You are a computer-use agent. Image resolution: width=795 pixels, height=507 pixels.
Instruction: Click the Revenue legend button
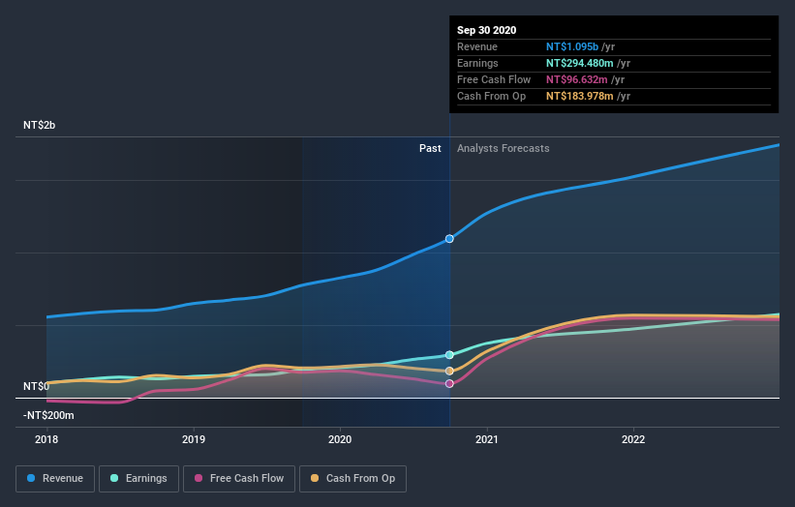(56, 478)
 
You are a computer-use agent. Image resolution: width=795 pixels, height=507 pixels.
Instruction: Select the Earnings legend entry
(139, 478)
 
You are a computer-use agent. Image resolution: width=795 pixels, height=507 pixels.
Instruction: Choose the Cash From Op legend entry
(352, 478)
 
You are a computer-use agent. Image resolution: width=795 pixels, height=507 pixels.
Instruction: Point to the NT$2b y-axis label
(42, 126)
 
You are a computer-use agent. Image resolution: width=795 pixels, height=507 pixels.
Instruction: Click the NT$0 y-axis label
(36, 386)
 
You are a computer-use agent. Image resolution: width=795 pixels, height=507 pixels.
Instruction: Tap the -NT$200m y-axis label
(49, 415)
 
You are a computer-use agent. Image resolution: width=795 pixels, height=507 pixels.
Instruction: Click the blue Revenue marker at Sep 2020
(449, 238)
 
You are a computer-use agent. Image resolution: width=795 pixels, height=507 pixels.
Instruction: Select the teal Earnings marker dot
(449, 355)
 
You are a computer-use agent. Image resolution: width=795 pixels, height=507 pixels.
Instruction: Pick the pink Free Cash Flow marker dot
(449, 384)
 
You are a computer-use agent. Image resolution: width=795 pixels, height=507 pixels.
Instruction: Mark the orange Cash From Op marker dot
(449, 371)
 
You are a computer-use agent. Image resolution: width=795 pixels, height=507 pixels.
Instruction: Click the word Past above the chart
(430, 148)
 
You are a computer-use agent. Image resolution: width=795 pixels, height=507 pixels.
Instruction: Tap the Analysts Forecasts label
(503, 148)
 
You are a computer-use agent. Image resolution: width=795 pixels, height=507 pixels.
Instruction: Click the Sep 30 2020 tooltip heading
(486, 30)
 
